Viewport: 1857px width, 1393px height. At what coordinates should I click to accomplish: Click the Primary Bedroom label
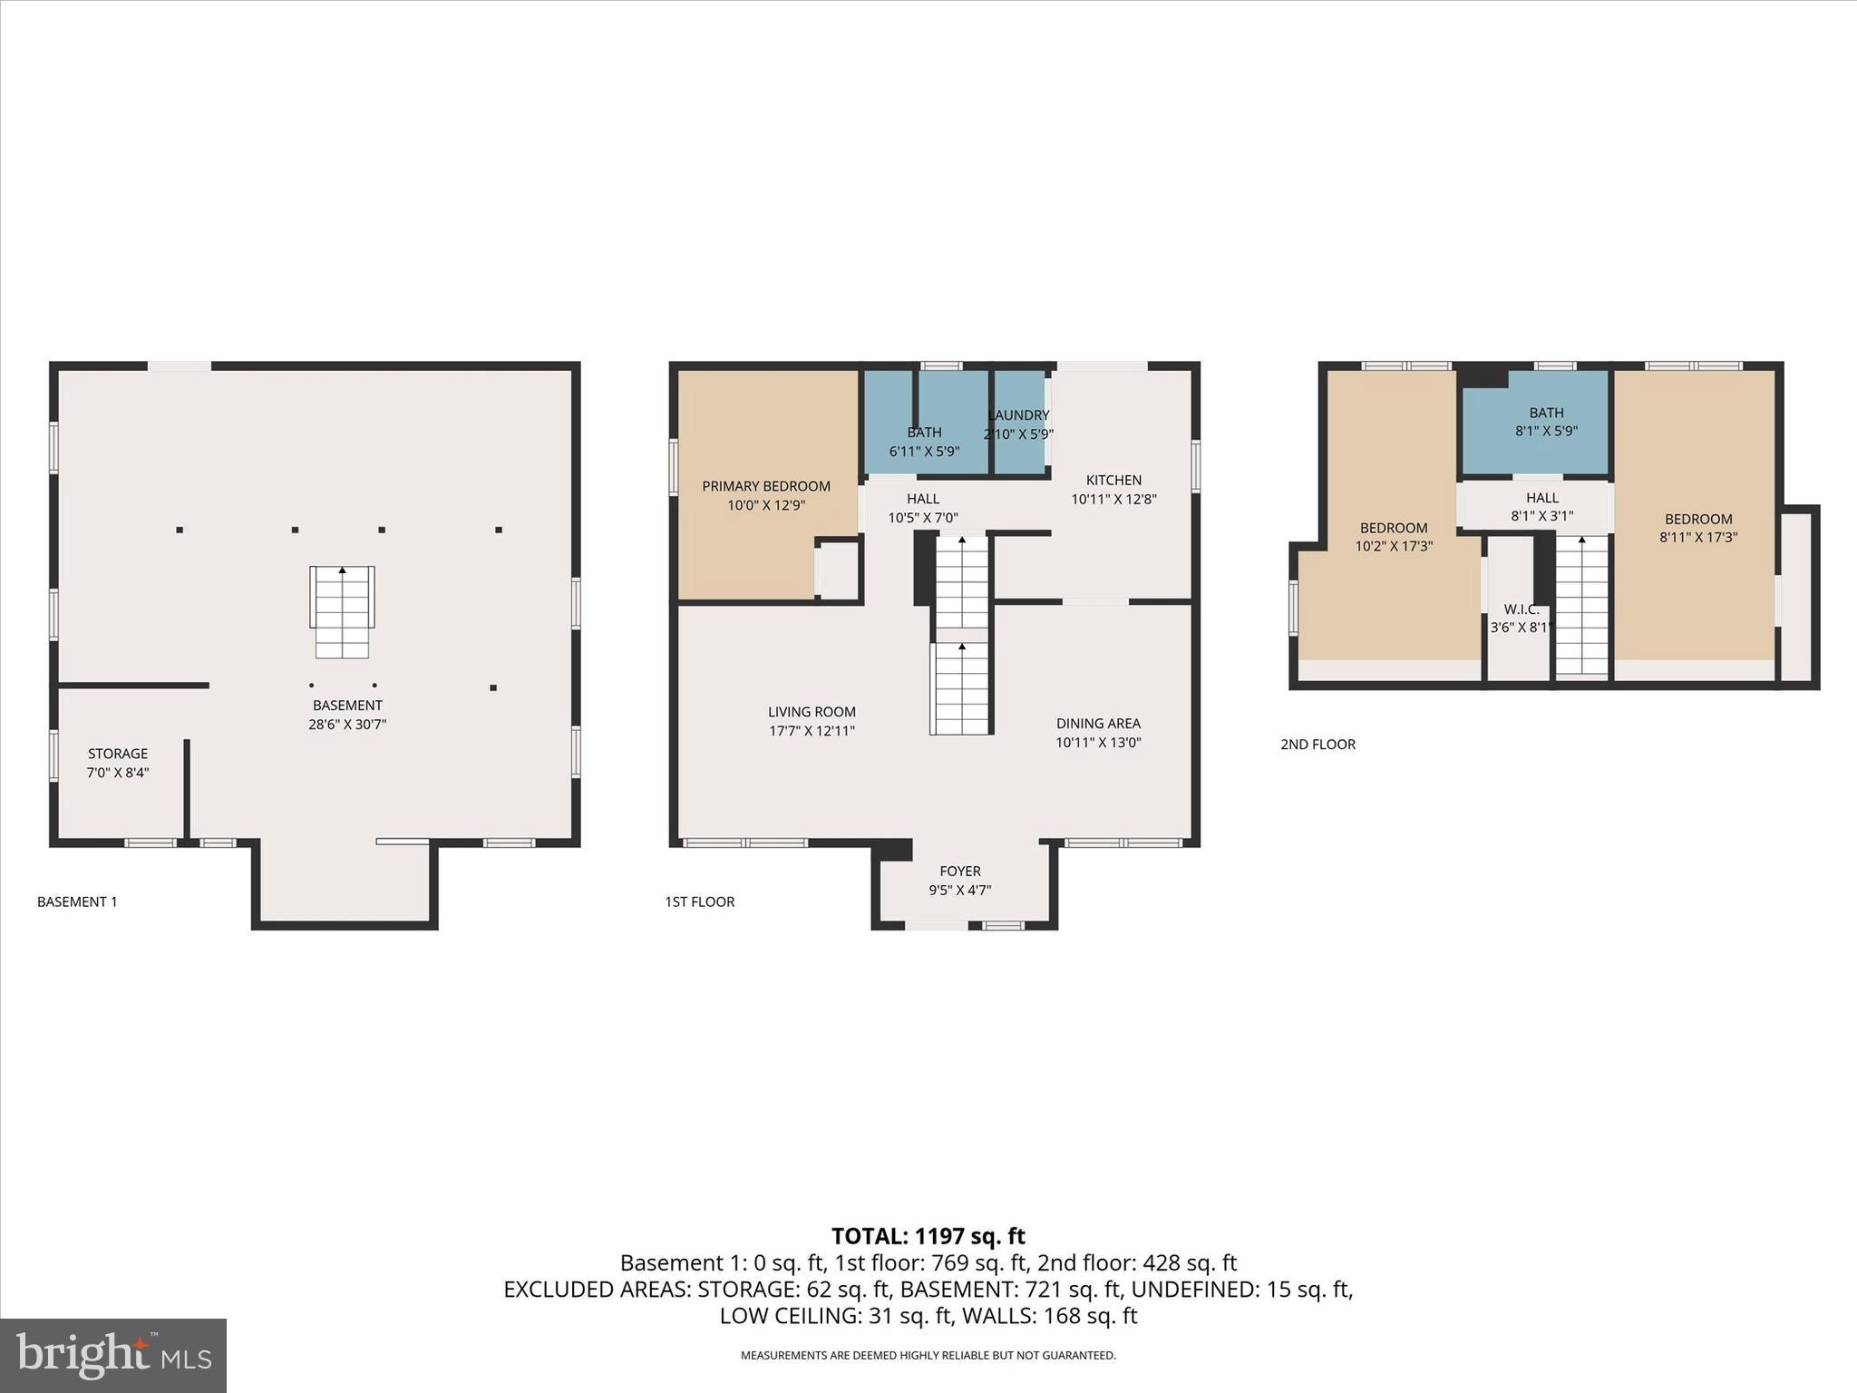point(766,486)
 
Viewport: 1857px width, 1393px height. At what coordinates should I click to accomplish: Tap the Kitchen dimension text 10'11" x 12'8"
point(1113,499)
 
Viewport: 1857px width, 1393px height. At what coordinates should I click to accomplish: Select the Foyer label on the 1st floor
point(960,872)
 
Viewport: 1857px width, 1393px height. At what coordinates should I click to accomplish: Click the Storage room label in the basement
point(118,754)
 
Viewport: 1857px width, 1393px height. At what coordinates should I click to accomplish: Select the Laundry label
point(1019,415)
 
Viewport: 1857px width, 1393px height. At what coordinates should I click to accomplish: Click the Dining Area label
point(1098,724)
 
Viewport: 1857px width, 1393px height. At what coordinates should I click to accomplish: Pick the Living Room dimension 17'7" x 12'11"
point(812,731)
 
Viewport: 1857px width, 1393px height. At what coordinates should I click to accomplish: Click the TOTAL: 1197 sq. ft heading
point(928,1236)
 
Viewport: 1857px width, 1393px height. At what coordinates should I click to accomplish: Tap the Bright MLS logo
point(113,1355)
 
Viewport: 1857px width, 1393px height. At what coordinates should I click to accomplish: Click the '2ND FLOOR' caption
point(1317,745)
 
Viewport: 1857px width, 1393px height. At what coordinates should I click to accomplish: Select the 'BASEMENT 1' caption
point(77,901)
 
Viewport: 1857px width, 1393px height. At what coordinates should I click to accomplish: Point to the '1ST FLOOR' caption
point(699,901)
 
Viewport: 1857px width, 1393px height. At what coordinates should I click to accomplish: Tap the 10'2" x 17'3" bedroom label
point(1394,547)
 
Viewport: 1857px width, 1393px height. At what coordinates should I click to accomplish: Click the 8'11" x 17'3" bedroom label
point(1698,538)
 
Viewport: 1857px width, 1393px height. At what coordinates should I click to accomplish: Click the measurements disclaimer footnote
point(928,1356)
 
